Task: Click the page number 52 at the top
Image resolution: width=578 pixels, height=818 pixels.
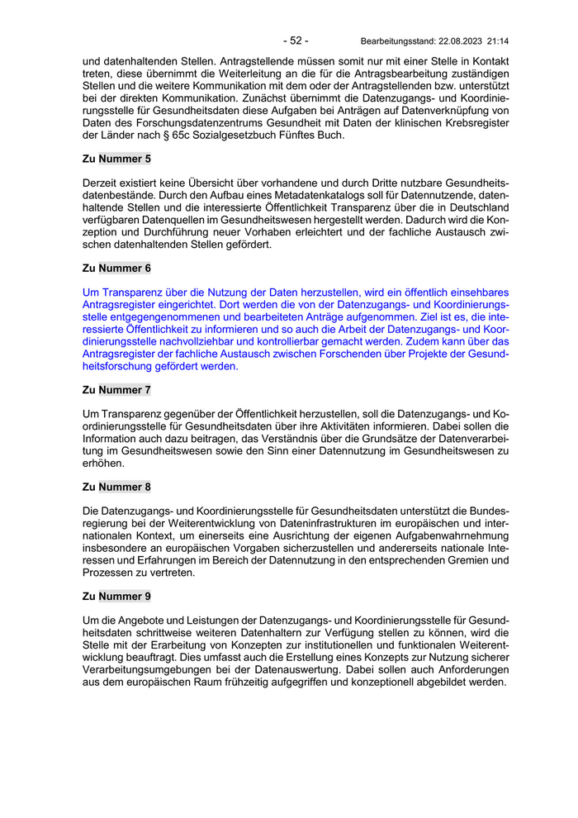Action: (296, 40)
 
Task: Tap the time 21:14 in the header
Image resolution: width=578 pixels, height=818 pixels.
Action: (499, 40)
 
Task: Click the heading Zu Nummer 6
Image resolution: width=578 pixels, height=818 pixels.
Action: (116, 268)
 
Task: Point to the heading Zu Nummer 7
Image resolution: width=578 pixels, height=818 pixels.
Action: (116, 389)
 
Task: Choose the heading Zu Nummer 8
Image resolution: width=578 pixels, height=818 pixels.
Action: (116, 487)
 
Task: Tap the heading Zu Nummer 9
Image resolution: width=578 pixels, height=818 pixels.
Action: (116, 597)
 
